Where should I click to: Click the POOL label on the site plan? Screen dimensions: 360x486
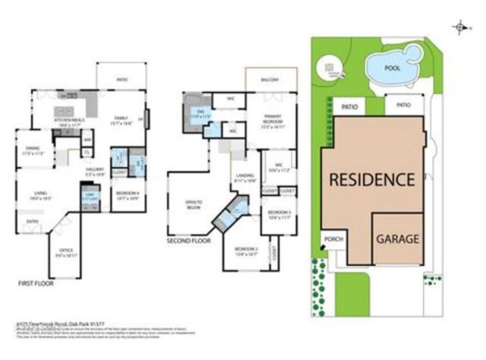pos(392,68)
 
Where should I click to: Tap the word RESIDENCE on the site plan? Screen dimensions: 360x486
pos(371,180)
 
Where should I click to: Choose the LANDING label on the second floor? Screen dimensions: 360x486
pos(245,178)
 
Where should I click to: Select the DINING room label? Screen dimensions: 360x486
pos(32,149)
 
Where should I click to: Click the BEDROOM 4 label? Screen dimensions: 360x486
pos(125,194)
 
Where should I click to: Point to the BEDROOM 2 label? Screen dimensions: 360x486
pos(245,251)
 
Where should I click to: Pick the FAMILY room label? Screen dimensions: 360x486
pos(120,118)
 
